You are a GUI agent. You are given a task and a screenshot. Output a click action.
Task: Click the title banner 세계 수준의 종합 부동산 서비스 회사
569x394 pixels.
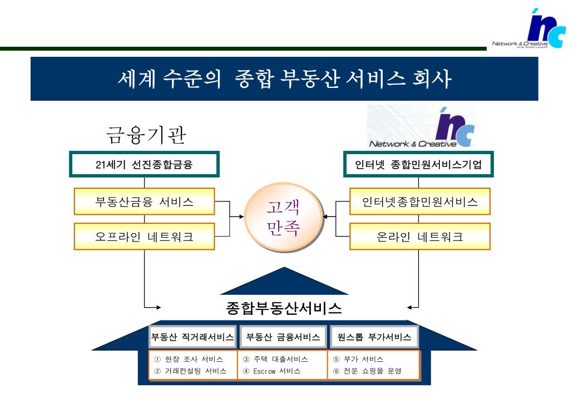(x=284, y=78)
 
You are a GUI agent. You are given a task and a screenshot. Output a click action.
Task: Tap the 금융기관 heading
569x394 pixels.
(x=146, y=135)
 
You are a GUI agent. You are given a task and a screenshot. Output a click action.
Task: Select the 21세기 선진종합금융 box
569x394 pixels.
(x=144, y=164)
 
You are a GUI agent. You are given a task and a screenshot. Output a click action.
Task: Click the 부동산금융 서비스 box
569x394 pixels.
(x=144, y=201)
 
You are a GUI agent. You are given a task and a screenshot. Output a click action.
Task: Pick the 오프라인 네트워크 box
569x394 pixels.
(x=144, y=237)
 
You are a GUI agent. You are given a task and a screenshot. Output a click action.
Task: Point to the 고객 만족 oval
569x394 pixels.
(x=284, y=218)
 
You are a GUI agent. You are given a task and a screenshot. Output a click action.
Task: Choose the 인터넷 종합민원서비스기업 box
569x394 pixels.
(x=418, y=164)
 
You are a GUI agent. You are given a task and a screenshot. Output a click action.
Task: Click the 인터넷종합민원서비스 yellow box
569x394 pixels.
(x=419, y=201)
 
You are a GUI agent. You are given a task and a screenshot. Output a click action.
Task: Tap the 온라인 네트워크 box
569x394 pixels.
(x=419, y=237)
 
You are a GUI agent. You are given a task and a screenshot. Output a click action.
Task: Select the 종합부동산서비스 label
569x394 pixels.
(x=284, y=308)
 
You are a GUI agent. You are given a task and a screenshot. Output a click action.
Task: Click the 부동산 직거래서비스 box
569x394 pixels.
(x=192, y=337)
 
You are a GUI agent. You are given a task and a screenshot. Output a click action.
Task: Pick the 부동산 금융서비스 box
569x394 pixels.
(x=283, y=337)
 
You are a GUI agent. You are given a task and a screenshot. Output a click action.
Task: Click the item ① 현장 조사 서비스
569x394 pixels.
(x=189, y=359)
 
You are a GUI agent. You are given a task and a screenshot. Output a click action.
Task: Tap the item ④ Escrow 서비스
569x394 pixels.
(x=272, y=371)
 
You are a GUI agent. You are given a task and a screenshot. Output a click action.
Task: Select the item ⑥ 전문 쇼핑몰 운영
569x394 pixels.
(x=367, y=371)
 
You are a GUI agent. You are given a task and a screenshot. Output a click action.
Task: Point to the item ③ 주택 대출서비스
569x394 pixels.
(x=275, y=359)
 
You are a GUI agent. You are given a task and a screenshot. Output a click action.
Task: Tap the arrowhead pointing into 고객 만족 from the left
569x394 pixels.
(x=242, y=216)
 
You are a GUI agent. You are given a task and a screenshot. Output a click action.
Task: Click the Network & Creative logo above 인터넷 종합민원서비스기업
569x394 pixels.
(x=422, y=127)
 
